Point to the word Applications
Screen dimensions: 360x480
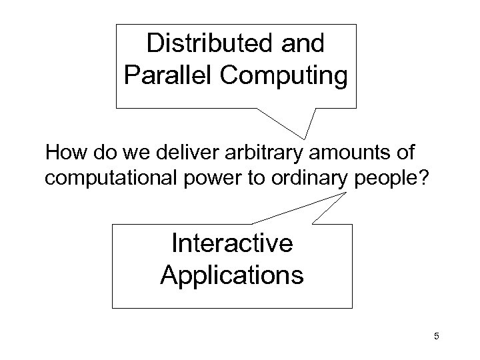coord(231,274)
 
